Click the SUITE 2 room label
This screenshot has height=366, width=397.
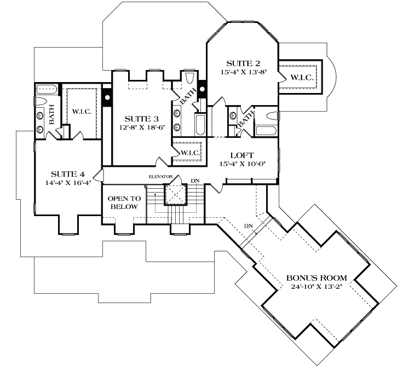pyautogui.click(x=243, y=63)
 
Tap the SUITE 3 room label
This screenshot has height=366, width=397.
pyautogui.click(x=141, y=119)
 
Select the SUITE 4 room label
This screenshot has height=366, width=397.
pyautogui.click(x=68, y=174)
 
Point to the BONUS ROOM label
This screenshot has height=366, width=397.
pyautogui.click(x=317, y=278)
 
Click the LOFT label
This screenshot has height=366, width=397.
pyautogui.click(x=242, y=155)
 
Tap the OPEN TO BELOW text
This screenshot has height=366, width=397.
pyautogui.click(x=124, y=202)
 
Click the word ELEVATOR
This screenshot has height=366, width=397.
pyautogui.click(x=160, y=177)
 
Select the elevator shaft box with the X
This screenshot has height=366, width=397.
pyautogui.click(x=175, y=194)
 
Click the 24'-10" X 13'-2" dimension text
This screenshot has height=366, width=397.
pyautogui.click(x=317, y=286)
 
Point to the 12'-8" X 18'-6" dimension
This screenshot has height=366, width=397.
pyautogui.click(x=142, y=127)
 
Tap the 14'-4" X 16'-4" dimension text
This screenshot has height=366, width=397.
pyautogui.click(x=68, y=183)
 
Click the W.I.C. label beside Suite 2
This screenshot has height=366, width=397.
pyautogui.click(x=302, y=77)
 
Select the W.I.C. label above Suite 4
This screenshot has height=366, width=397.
pyautogui.click(x=82, y=112)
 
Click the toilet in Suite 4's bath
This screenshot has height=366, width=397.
pyautogui.click(x=41, y=101)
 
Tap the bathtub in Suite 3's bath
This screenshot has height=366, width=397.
pyautogui.click(x=200, y=125)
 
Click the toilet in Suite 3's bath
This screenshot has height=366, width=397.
pyautogui.click(x=189, y=78)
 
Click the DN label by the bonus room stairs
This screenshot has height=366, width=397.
pyautogui.click(x=249, y=226)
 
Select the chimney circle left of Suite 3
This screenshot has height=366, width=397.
pyautogui.click(x=107, y=97)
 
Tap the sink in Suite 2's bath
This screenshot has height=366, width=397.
pyautogui.click(x=233, y=116)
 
